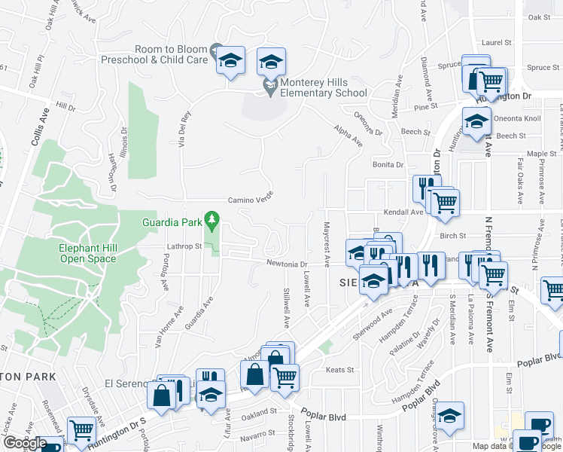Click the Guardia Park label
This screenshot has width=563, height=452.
pos(172,222)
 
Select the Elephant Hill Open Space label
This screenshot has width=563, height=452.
pos(89,254)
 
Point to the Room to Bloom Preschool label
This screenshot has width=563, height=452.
pos(172,54)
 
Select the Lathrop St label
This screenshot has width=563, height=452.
pos(184,246)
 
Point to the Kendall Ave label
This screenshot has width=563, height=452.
pos(404,212)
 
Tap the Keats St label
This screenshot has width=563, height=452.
pos(334,370)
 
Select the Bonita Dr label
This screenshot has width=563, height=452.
pos(388,164)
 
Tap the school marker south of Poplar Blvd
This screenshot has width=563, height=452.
pos(451,417)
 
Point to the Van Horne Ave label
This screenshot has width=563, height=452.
pos(169,329)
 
